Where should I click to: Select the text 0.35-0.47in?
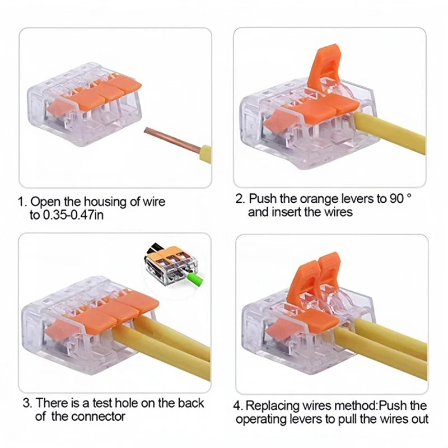click(75, 215)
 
